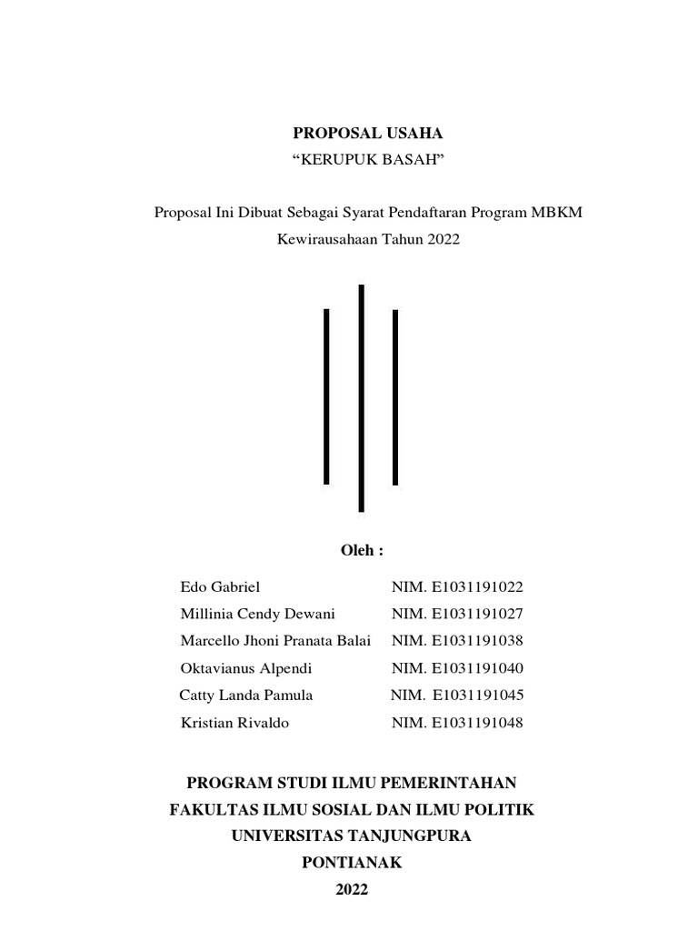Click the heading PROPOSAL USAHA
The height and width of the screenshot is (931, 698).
click(x=367, y=134)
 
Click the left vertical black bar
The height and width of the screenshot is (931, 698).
click(x=326, y=396)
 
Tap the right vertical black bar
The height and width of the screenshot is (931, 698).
click(x=395, y=397)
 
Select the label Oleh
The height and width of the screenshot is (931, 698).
click(x=362, y=551)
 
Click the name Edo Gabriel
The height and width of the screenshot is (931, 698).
click(x=221, y=587)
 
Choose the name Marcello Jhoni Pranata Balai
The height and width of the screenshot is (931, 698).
click(x=275, y=641)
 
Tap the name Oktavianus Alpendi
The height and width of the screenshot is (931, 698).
click(x=246, y=668)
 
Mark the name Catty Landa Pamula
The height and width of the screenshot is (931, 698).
click(x=246, y=696)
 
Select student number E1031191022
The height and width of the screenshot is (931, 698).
click(x=478, y=587)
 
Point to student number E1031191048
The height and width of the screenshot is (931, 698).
click(x=478, y=723)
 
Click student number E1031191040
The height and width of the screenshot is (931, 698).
click(x=478, y=668)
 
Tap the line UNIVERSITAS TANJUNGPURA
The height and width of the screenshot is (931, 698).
click(x=352, y=836)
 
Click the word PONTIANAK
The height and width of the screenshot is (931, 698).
click(x=352, y=863)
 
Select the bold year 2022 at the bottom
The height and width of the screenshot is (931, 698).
click(x=352, y=890)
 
